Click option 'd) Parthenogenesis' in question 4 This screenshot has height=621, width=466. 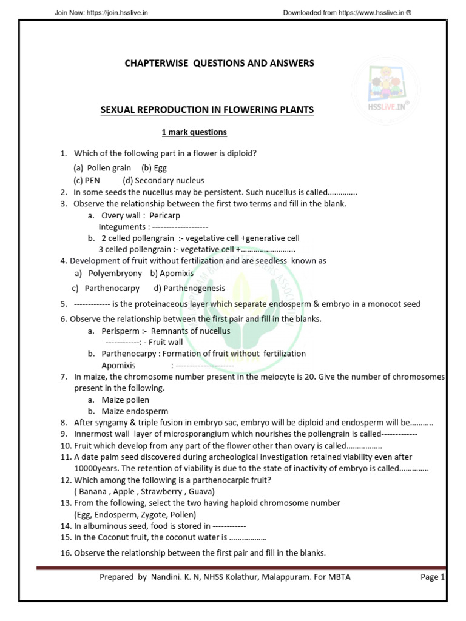click(189, 289)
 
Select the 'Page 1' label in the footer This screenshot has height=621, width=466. click(433, 577)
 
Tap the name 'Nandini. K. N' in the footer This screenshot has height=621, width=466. click(172, 577)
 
